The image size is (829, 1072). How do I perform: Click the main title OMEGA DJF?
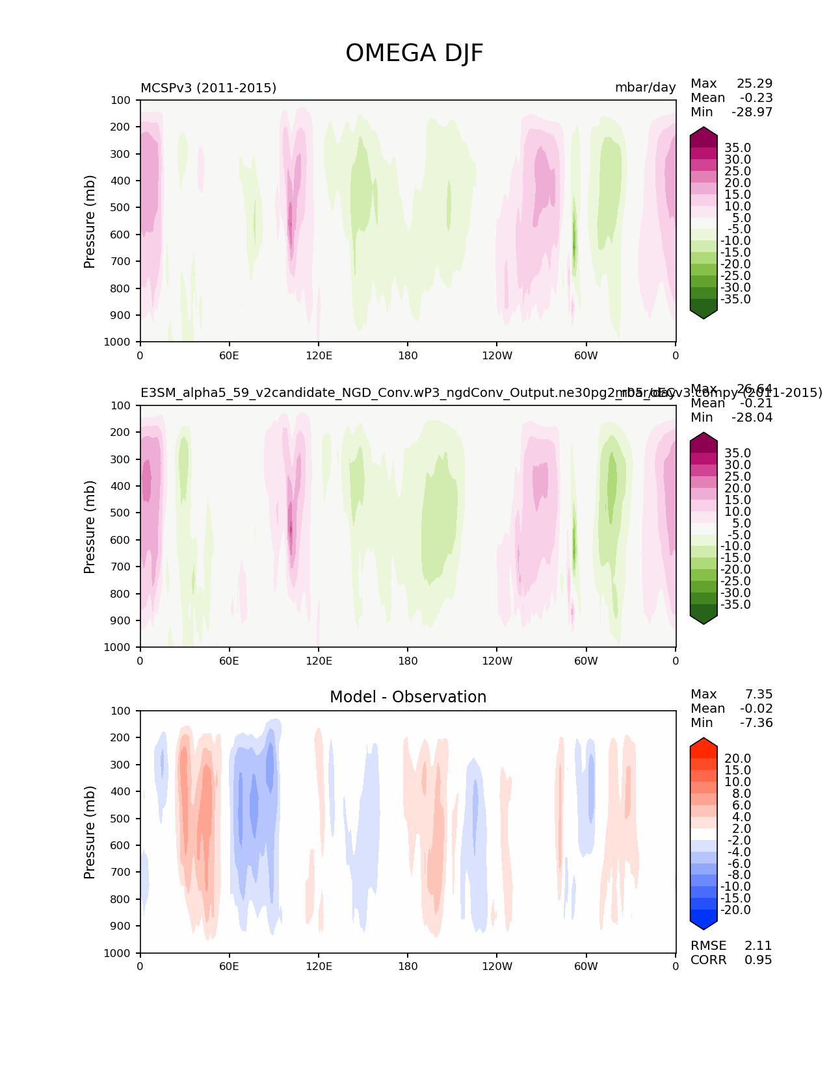tap(414, 53)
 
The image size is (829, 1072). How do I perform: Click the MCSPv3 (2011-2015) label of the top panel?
tap(208, 88)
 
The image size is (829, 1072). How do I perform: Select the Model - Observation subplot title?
tap(408, 697)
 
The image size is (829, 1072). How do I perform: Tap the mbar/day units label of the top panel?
tap(645, 88)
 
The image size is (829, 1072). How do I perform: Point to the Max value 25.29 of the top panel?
tap(754, 84)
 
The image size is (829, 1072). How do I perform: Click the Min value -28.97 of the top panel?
tap(752, 112)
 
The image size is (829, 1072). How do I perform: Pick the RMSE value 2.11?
tap(758, 946)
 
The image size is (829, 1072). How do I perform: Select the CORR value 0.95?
tap(758, 960)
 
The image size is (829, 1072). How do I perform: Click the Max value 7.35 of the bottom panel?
tap(759, 695)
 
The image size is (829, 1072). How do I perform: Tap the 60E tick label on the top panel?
tap(229, 355)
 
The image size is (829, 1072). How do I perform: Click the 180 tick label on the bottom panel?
tap(408, 966)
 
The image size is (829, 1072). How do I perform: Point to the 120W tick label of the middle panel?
tap(497, 661)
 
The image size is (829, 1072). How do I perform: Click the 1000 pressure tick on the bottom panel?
tap(117, 953)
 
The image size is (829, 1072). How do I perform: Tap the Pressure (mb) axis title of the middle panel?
tap(90, 527)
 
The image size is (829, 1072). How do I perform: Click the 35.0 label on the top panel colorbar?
tap(737, 148)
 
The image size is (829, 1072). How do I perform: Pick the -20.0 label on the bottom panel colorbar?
tap(735, 910)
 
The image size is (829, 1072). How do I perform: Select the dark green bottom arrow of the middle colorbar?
tap(704, 617)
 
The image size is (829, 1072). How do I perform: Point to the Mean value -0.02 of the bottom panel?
tap(756, 709)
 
